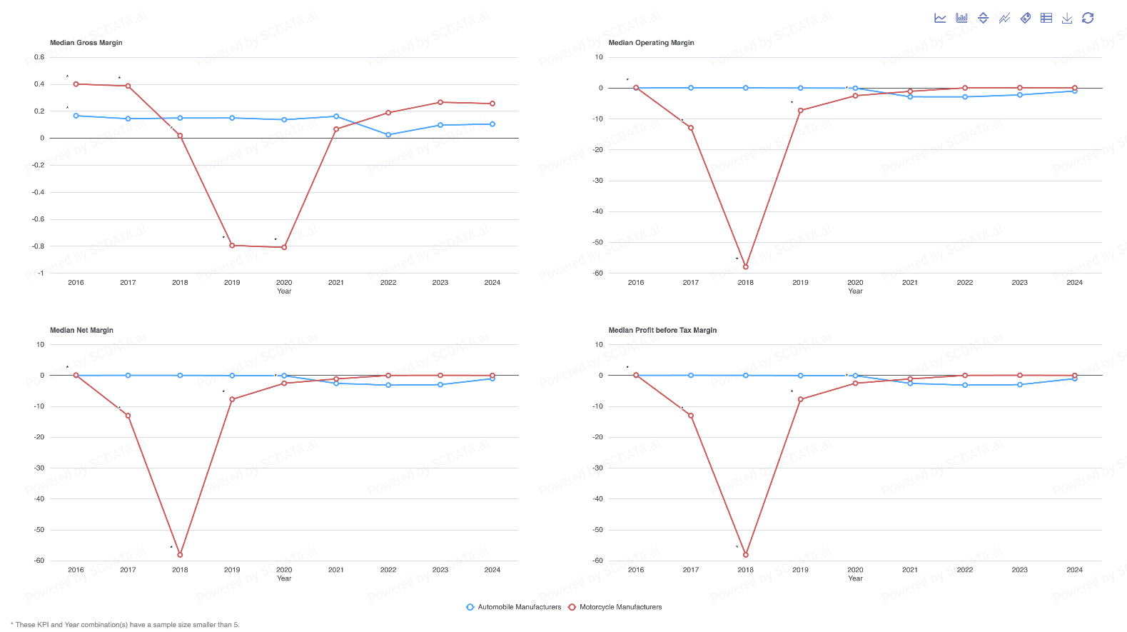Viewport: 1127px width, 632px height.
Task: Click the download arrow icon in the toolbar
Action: (1067, 18)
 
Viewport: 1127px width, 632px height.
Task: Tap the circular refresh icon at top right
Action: (1088, 18)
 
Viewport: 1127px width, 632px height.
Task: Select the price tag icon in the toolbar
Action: (1025, 18)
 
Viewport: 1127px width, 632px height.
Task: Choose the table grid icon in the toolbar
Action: (1046, 18)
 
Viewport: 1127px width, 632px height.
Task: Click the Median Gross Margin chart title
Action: (86, 43)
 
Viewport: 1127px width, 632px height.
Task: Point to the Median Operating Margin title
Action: (651, 43)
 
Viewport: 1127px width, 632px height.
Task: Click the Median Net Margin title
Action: (81, 330)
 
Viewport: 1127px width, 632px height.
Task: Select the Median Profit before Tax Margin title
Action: (662, 330)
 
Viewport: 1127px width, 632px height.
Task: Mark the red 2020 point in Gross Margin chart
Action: (284, 247)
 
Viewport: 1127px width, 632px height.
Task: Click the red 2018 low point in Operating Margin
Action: (746, 267)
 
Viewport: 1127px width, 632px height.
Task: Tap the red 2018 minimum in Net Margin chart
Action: (180, 555)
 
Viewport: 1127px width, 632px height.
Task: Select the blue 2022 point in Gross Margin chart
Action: (388, 135)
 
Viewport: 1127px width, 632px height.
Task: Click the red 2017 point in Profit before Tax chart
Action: (691, 416)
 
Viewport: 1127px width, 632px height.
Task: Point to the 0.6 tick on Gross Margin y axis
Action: (39, 57)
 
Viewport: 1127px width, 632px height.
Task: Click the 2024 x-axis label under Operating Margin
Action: (1074, 283)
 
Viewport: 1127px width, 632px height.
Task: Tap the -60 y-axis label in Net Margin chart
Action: (39, 561)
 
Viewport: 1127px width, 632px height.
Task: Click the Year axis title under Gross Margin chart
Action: (284, 291)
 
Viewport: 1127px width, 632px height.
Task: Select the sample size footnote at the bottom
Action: (126, 625)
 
